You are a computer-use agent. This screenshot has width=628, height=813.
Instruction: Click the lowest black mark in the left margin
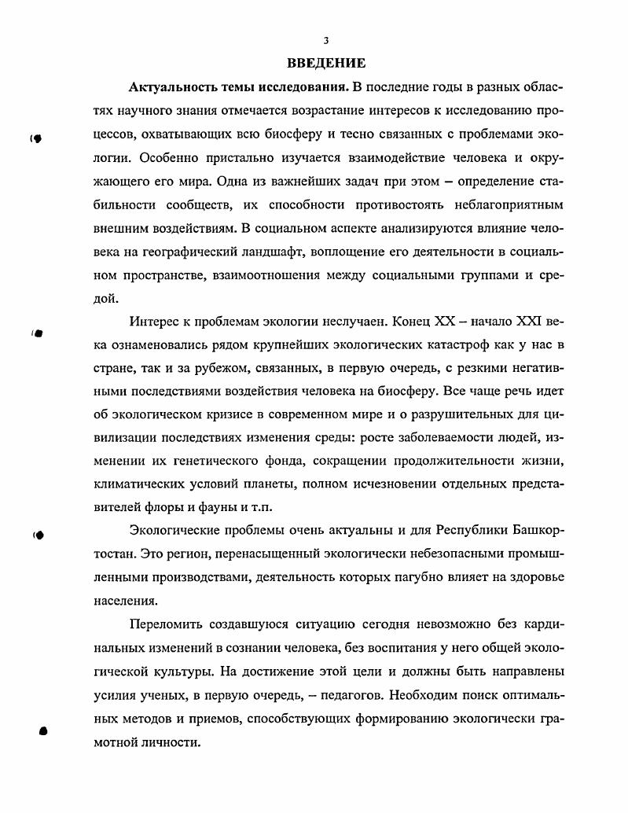(x=43, y=730)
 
